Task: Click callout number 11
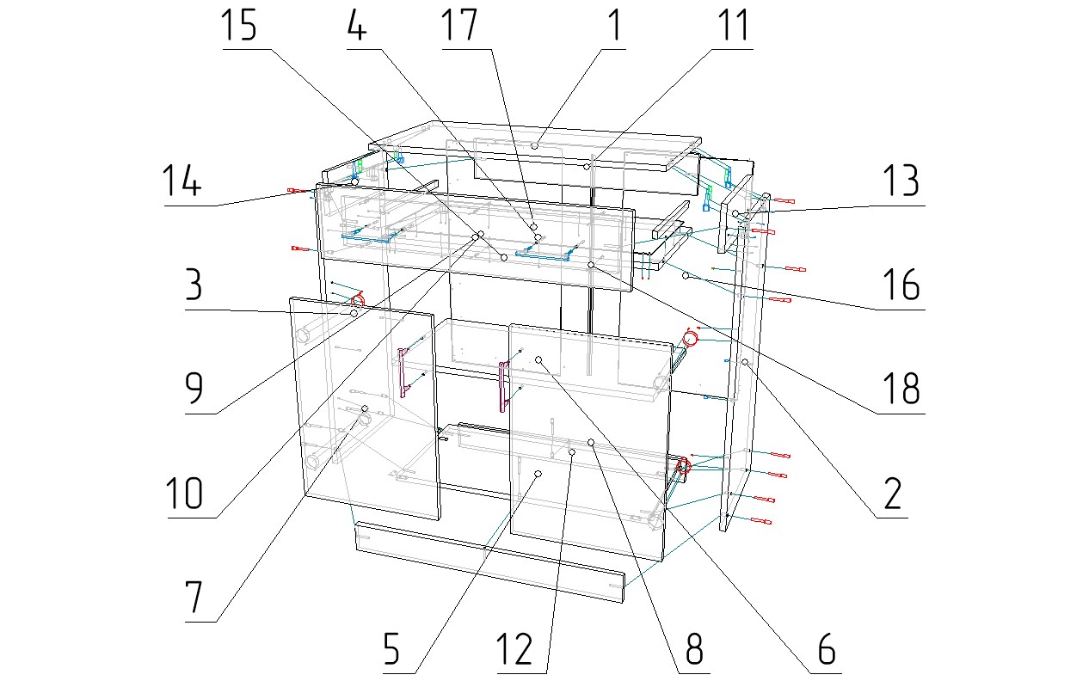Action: (730, 27)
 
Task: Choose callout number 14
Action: (181, 182)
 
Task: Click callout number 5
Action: (391, 649)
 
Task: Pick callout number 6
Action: (825, 649)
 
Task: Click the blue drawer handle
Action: (544, 253)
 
